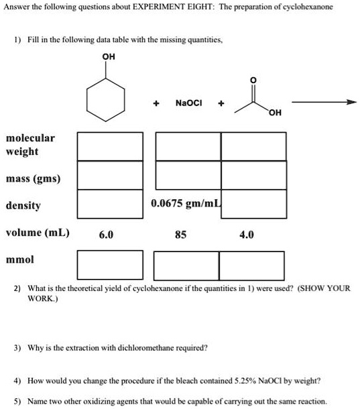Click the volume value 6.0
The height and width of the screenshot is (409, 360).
[106, 235]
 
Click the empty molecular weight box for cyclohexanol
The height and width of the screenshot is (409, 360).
[110, 146]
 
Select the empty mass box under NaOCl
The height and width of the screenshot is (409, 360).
[188, 175]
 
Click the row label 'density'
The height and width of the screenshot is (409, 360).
[23, 205]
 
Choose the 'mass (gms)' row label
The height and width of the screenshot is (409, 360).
[33, 179]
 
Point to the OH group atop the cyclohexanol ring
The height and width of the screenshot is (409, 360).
[109, 57]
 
